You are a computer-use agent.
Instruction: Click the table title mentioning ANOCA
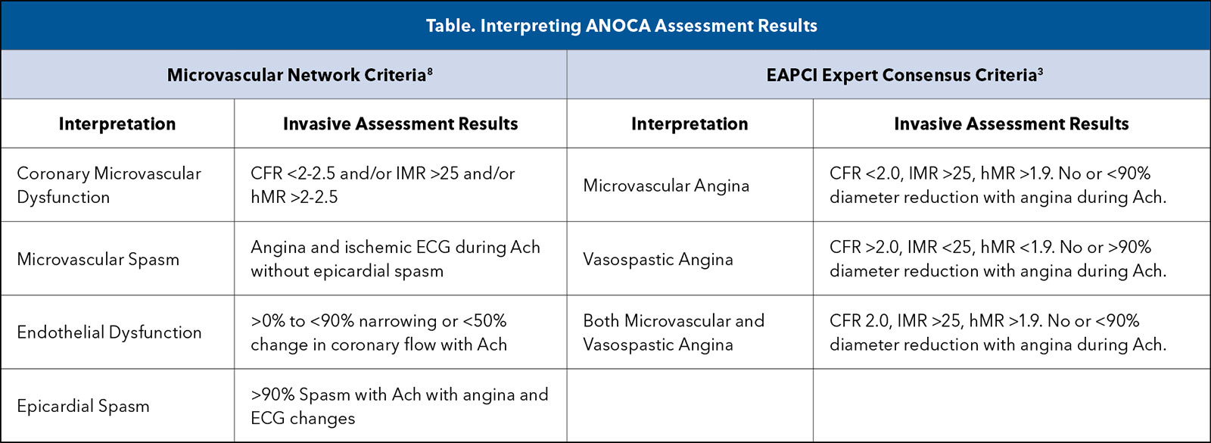621,26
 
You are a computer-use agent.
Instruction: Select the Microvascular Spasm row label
98,259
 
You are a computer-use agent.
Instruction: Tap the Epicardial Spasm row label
82,406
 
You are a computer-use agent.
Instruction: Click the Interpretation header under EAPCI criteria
690,124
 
